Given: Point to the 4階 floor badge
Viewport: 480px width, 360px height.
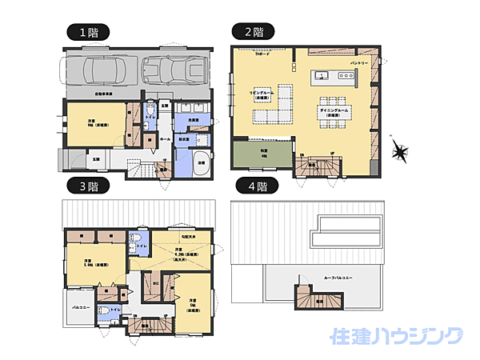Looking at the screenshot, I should click(x=254, y=186).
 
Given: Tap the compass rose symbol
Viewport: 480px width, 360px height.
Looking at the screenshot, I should click(x=400, y=151).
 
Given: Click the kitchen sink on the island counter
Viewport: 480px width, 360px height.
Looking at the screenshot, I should click(x=322, y=77).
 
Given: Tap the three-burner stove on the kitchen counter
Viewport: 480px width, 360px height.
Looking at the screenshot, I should click(x=346, y=77).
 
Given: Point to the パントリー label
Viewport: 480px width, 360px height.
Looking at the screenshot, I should click(x=358, y=62).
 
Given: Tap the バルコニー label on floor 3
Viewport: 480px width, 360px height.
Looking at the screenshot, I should click(x=78, y=306).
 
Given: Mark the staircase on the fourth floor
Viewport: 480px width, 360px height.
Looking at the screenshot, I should click(x=318, y=298).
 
